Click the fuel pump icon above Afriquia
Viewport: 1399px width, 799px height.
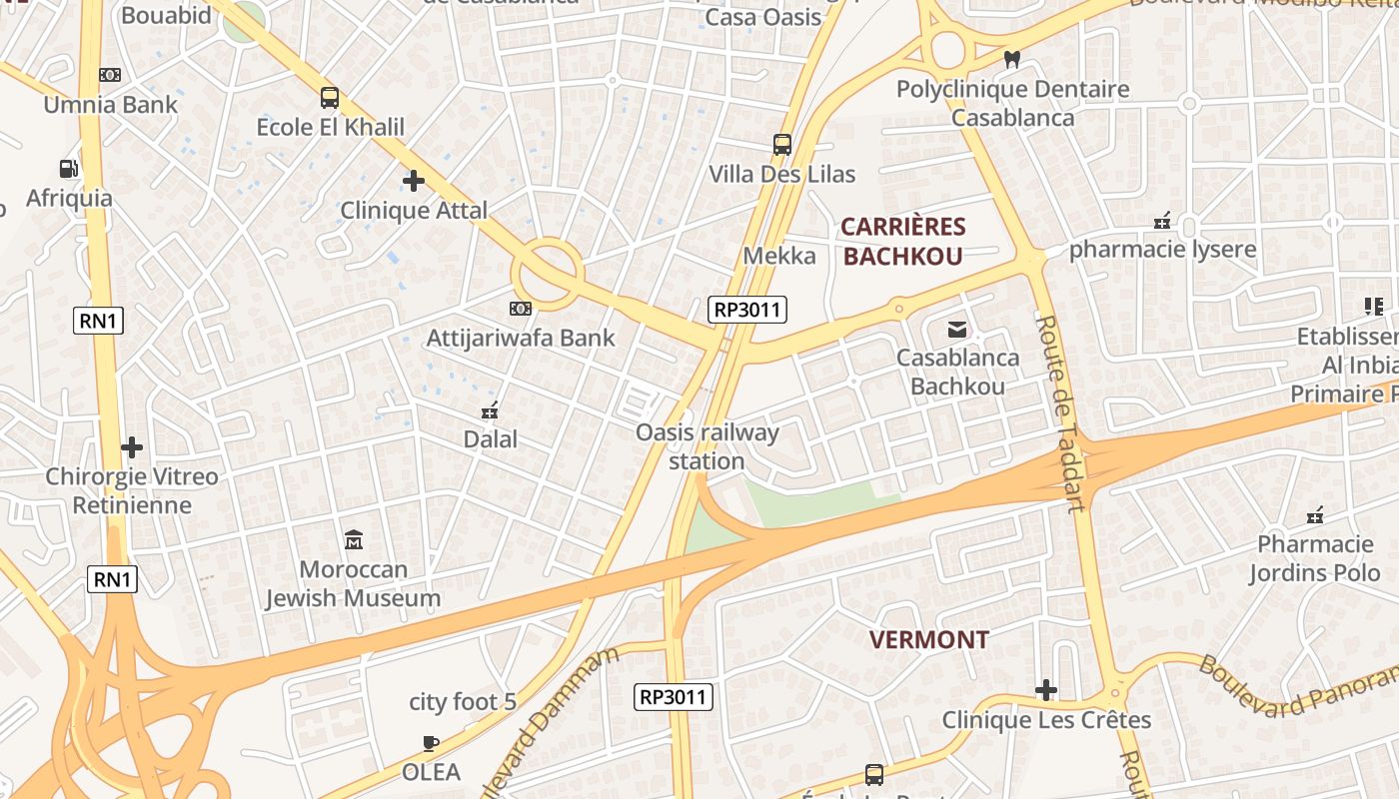coord(68,169)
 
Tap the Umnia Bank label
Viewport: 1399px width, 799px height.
coord(110,104)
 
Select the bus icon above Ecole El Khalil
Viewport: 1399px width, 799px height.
coord(330,98)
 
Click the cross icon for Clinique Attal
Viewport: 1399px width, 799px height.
coord(414,181)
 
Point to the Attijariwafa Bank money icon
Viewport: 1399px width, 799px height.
coord(521,309)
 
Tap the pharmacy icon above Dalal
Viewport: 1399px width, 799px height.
coord(490,409)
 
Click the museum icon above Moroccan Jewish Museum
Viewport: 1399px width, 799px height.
coord(353,540)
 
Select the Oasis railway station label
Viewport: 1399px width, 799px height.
coord(707,446)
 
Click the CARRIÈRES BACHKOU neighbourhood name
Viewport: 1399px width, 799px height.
coord(902,242)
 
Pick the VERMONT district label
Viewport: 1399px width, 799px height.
coord(929,639)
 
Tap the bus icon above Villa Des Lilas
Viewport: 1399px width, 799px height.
coord(782,145)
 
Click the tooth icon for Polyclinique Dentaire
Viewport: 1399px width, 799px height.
coord(1011,60)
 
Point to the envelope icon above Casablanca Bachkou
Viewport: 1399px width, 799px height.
coord(957,329)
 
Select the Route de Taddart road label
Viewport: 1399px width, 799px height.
coord(1060,412)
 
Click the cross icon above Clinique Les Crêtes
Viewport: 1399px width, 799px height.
coord(1046,690)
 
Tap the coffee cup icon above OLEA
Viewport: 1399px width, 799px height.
coord(431,743)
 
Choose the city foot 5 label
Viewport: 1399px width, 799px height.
coord(463,702)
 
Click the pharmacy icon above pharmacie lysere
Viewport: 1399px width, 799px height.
coord(1162,221)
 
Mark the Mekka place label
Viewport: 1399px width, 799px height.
coord(779,256)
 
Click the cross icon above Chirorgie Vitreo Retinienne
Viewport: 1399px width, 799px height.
coord(132,446)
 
